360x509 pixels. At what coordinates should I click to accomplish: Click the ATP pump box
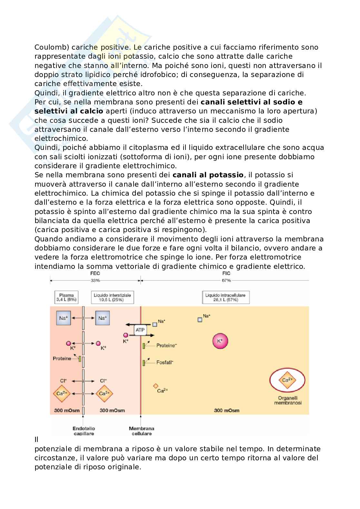140,330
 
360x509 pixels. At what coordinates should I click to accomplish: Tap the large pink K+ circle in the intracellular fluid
220,341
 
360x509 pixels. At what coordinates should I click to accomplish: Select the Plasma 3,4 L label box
66,297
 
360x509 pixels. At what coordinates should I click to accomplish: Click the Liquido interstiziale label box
112,297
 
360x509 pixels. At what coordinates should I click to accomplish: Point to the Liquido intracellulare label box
225,297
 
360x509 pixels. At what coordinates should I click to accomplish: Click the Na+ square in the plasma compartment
63,318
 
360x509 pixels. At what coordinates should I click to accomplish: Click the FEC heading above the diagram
95,273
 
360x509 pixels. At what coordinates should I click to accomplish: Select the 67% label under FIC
226,280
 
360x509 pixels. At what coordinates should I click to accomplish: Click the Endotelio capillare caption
84,431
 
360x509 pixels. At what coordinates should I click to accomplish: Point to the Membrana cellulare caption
141,431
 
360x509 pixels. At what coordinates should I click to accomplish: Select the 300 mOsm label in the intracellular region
227,410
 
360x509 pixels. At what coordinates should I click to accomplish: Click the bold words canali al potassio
208,175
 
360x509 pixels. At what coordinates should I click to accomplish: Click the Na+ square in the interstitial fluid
102,318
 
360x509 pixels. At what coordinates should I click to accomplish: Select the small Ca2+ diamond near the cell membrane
155,386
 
